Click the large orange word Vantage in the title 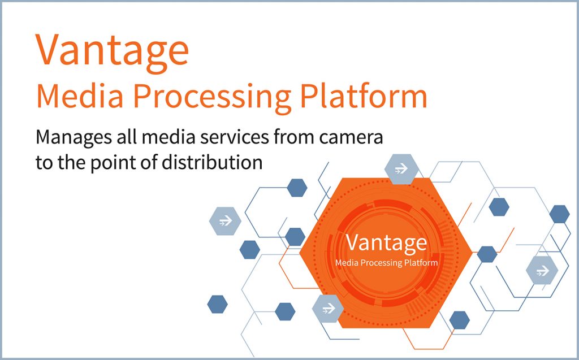pyautogui.click(x=113, y=51)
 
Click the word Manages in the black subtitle pyautogui.click(x=73, y=138)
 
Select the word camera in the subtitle pyautogui.click(x=351, y=138)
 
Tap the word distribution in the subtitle pyautogui.click(x=212, y=162)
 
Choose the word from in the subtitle pyautogui.click(x=294, y=137)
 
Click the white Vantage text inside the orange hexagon pyautogui.click(x=386, y=244)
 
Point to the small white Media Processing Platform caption pyautogui.click(x=386, y=263)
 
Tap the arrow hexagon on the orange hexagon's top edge pyautogui.click(x=401, y=169)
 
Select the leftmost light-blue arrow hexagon pyautogui.click(x=225, y=221)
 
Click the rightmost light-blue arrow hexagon pyautogui.click(x=542, y=270)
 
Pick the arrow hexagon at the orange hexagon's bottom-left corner pyautogui.click(x=329, y=309)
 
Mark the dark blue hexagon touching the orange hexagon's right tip pyautogui.click(x=487, y=254)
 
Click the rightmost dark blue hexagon pyautogui.click(x=559, y=214)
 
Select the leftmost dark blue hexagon pyautogui.click(x=218, y=304)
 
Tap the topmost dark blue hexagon pyautogui.click(x=297, y=188)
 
